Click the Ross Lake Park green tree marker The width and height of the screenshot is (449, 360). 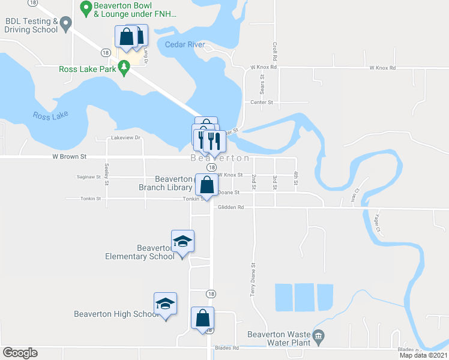pyautogui.click(x=124, y=68)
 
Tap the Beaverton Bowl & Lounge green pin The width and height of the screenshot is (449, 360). pyautogui.click(x=85, y=8)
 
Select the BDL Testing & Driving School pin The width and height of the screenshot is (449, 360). pyautogui.click(x=67, y=24)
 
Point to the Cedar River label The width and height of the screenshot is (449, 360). pyautogui.click(x=184, y=45)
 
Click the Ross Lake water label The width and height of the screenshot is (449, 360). pyautogui.click(x=50, y=115)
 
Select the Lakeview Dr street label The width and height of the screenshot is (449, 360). pyautogui.click(x=125, y=137)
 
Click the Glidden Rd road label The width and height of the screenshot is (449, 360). pyautogui.click(x=232, y=208)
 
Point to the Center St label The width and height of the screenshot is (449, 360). pyautogui.click(x=262, y=103)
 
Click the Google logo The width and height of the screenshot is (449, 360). pyautogui.click(x=20, y=353)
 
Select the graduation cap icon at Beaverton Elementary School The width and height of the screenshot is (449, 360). pyautogui.click(x=182, y=241)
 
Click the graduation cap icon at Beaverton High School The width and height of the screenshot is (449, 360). pyautogui.click(x=165, y=304)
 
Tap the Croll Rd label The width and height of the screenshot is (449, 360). pyautogui.click(x=274, y=53)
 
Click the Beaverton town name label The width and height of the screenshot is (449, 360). pyautogui.click(x=220, y=158)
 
